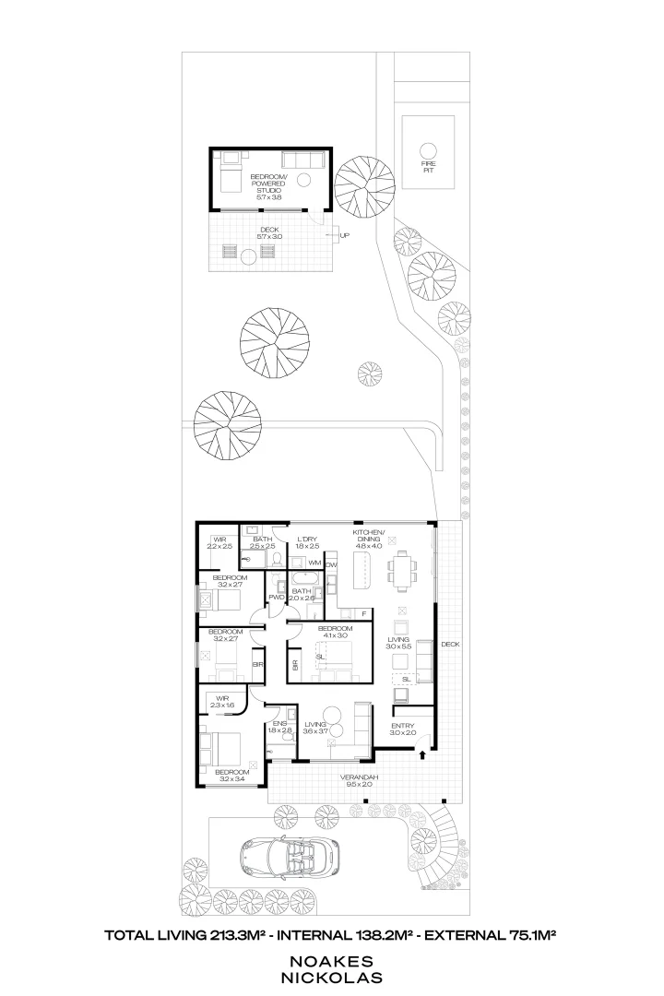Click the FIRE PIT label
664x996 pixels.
(x=427, y=167)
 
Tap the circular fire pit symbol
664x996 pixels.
(x=427, y=149)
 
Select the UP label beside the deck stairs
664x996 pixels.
(x=344, y=235)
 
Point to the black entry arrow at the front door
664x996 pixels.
(x=422, y=754)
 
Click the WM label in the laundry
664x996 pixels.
(x=314, y=563)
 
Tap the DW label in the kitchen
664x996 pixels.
(x=332, y=563)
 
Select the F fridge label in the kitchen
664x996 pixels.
(x=365, y=612)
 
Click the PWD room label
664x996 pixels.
(x=276, y=598)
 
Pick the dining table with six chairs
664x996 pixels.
(x=403, y=569)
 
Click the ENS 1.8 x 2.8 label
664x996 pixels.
(x=279, y=726)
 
